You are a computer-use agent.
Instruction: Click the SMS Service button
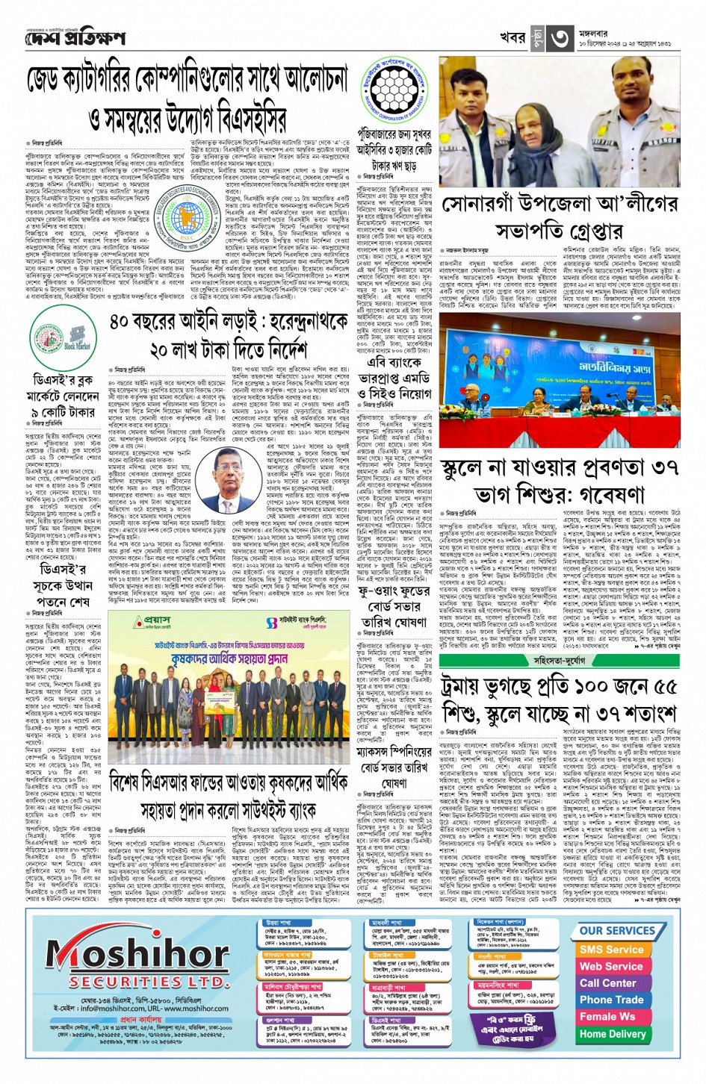tap(611, 949)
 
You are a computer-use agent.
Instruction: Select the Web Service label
tap(611, 966)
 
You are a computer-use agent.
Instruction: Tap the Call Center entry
tap(608, 983)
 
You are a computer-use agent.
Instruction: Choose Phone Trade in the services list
tap(611, 1000)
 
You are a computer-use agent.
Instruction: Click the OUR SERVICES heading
tap(617, 931)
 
